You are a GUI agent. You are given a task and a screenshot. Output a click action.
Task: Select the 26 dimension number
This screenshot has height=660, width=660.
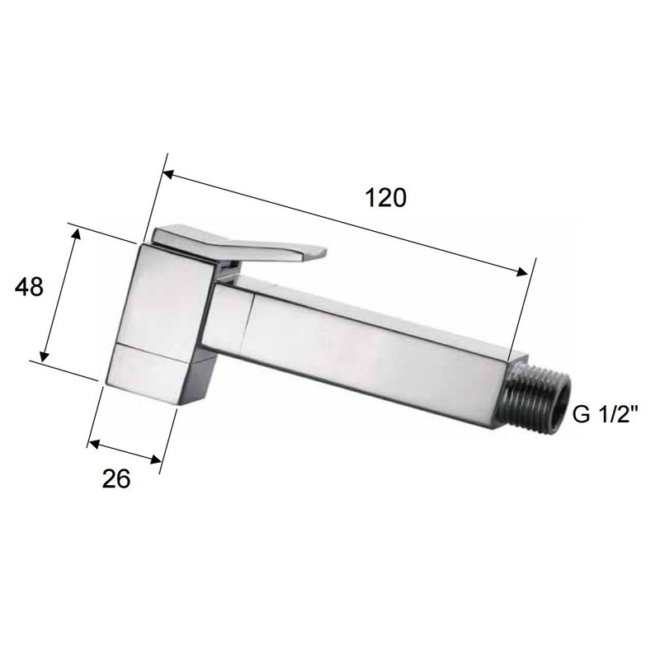click(x=117, y=479)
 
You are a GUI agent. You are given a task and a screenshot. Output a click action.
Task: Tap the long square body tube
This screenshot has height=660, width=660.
click(x=371, y=346)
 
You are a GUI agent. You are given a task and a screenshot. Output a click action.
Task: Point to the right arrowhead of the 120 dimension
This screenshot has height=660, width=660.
click(x=522, y=273)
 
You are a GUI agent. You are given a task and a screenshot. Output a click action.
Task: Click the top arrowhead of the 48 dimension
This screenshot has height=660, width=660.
click(x=78, y=233)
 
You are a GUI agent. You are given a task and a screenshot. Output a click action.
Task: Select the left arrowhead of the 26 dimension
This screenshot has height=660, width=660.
click(x=92, y=445)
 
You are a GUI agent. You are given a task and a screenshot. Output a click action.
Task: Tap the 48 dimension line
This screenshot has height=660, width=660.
click(x=60, y=297)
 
